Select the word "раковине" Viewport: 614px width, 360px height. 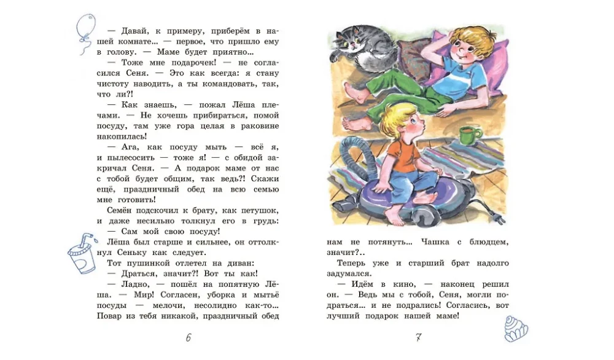click(x=258, y=125)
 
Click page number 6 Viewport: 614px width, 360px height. click(x=188, y=337)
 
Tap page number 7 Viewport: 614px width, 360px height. click(x=418, y=337)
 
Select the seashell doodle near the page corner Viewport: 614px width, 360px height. click(x=515, y=327)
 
